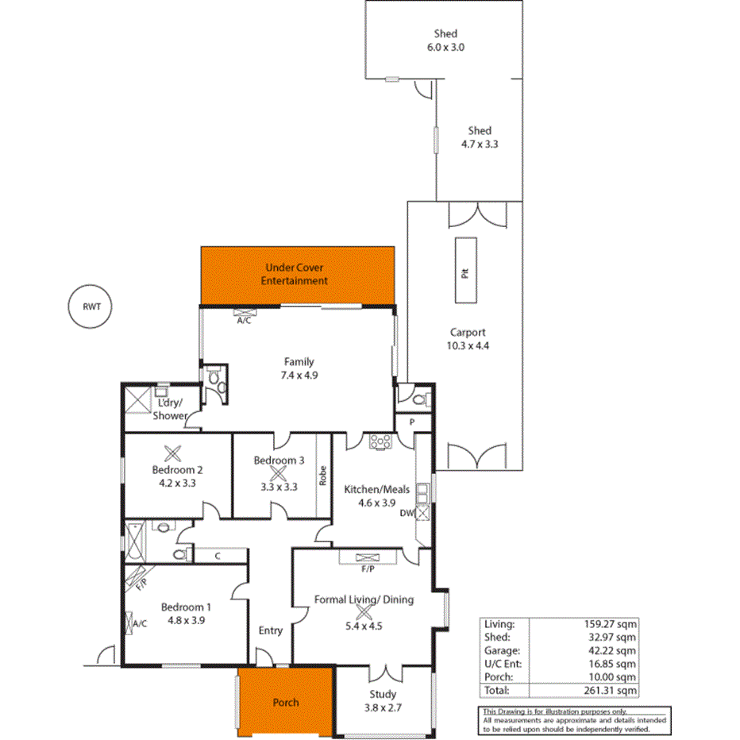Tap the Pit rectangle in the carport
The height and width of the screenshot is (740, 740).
pyautogui.click(x=466, y=269)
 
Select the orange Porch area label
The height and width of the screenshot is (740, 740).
pyautogui.click(x=286, y=702)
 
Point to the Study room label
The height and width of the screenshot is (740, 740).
pyautogui.click(x=383, y=694)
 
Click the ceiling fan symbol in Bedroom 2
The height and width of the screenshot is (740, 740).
pyautogui.click(x=173, y=453)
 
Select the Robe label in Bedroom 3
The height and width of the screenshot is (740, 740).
pyautogui.click(x=323, y=475)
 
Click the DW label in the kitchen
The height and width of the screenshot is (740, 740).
pyautogui.click(x=406, y=513)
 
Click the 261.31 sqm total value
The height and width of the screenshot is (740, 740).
pyautogui.click(x=609, y=691)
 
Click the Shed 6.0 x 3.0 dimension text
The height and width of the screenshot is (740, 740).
pyautogui.click(x=445, y=47)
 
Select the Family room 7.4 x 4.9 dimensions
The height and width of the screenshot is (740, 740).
pyautogui.click(x=299, y=375)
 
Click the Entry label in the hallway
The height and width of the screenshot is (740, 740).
pyautogui.click(x=271, y=630)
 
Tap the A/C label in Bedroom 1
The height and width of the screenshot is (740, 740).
pyautogui.click(x=141, y=623)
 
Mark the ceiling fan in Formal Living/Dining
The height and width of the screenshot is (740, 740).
pyautogui.click(x=364, y=612)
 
